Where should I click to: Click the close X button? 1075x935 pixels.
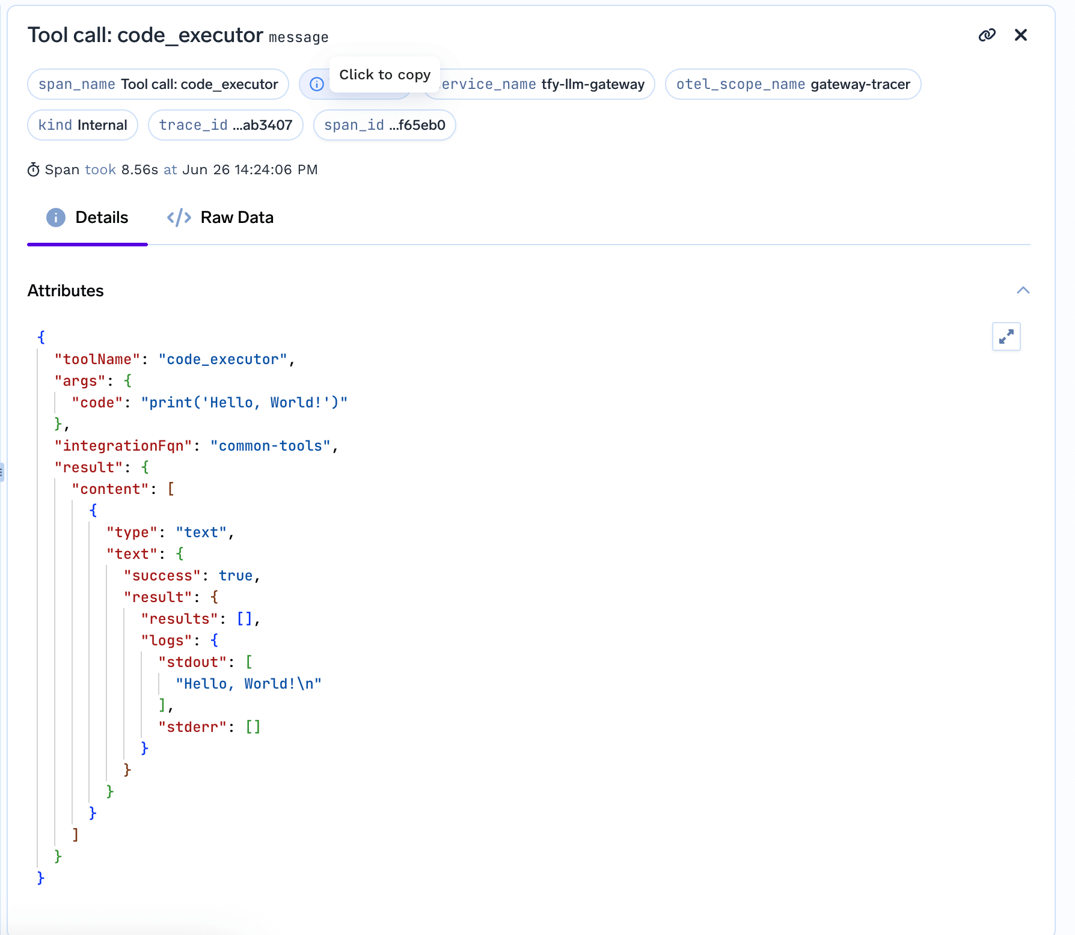(1020, 35)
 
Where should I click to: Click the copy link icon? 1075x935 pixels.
(987, 35)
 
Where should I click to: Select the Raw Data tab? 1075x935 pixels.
(220, 218)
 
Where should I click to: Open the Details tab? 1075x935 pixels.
(88, 218)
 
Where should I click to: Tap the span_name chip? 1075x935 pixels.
(158, 84)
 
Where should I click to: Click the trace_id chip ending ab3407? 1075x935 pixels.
(225, 125)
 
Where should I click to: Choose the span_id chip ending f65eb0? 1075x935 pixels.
(384, 125)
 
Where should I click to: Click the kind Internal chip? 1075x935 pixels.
(82, 125)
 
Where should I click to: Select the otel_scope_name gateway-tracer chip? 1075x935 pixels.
(792, 84)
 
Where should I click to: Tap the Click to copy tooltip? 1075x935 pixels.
(385, 75)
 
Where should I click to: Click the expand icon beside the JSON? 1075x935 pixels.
(1006, 337)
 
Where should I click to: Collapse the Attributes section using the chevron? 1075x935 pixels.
(1023, 291)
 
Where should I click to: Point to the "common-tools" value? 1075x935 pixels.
(271, 446)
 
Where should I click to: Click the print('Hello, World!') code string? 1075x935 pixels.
(244, 403)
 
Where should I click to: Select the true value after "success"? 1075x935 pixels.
(236, 576)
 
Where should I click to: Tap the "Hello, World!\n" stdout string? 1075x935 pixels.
(248, 684)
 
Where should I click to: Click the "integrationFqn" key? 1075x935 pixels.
(123, 446)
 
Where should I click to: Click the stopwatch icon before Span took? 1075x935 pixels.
(34, 170)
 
